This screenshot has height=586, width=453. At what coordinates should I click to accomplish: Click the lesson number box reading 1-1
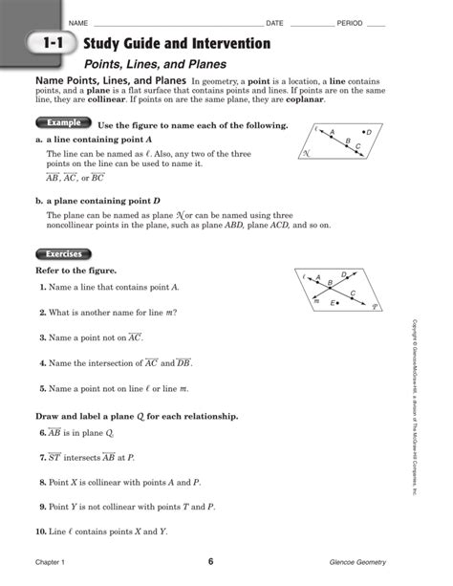pos(53,45)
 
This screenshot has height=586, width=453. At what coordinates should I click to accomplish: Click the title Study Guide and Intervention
pos(176,44)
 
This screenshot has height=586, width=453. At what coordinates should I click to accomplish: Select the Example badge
pos(64,123)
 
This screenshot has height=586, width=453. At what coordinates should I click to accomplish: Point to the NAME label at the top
pos(78,22)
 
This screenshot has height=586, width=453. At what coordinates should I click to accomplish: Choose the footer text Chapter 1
pos(54,561)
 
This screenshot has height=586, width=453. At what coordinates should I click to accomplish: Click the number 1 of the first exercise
pos(43,288)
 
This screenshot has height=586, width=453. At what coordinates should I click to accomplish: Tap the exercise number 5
pos(43,389)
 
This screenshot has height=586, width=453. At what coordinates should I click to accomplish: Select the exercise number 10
pos(42,531)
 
